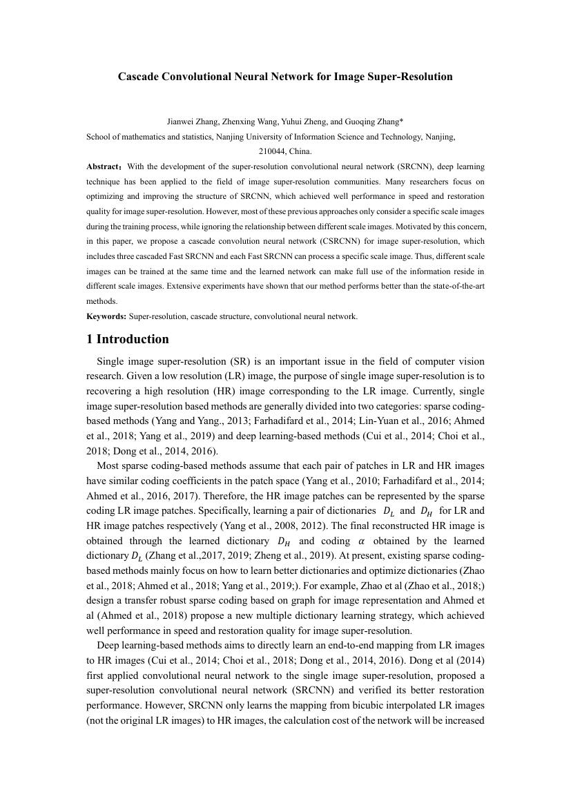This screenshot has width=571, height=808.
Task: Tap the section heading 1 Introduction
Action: (127, 339)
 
